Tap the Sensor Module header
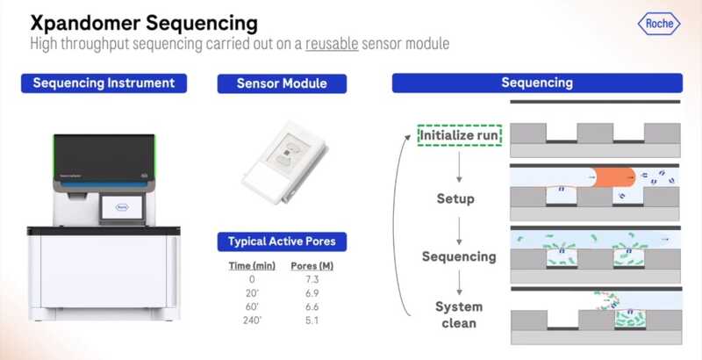(282, 83)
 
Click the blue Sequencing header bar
(536, 83)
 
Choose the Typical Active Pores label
(282, 241)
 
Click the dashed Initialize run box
(460, 136)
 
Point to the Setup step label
(455, 198)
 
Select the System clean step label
(459, 315)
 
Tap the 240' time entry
(252, 320)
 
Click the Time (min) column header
(252, 264)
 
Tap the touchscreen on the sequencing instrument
(115, 207)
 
